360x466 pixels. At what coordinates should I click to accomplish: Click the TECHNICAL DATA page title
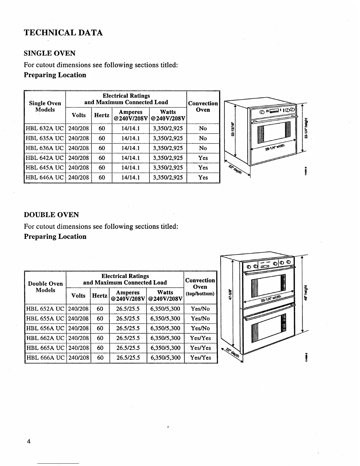63,33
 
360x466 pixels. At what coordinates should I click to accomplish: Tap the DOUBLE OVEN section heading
51,215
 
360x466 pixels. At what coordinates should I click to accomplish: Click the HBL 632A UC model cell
45,129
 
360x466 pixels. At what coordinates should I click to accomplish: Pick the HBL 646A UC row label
45,178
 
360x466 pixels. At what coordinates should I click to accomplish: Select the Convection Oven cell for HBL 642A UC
203,158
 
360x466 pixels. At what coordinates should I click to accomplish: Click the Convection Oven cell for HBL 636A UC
203,148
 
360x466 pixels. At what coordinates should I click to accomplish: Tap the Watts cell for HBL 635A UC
168,138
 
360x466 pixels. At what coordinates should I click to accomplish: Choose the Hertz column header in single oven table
102,115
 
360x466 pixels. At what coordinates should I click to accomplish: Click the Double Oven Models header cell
45,287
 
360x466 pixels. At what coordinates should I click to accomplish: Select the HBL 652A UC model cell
45,309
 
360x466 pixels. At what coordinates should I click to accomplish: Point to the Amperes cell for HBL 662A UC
128,338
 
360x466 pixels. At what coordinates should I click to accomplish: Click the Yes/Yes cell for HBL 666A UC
201,358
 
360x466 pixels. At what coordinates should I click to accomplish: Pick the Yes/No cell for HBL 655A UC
200,319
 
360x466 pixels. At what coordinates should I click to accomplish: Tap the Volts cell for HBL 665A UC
79,348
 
